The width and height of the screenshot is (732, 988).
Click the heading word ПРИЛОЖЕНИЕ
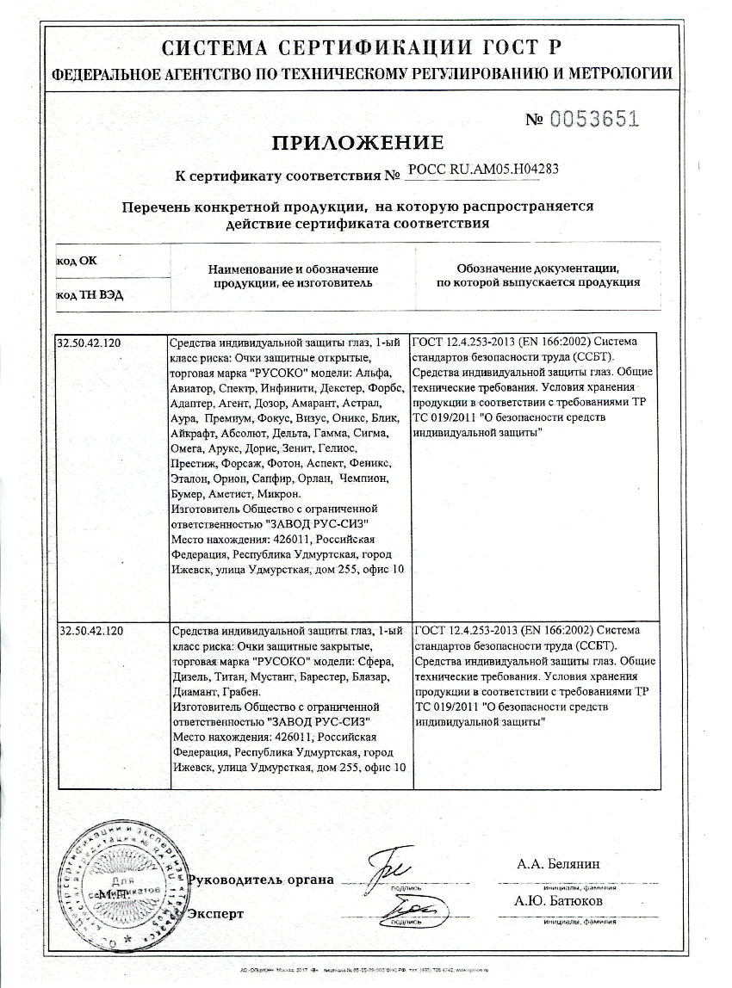[357, 143]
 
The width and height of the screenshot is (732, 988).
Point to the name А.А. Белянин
[558, 864]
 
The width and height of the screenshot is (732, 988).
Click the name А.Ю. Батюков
[558, 901]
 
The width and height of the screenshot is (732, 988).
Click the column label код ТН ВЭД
[90, 294]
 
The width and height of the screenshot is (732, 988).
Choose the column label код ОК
[77, 259]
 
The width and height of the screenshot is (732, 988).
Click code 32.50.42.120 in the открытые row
[90, 343]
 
